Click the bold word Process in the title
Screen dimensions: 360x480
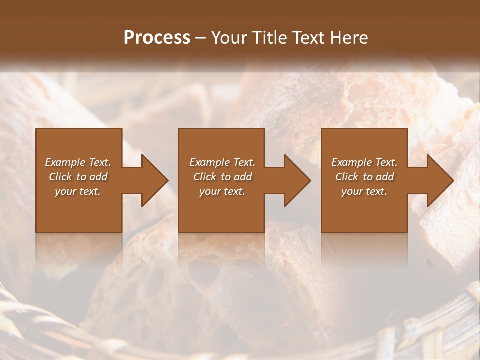157,38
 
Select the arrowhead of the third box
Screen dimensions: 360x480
439,180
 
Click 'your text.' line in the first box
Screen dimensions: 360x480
78,191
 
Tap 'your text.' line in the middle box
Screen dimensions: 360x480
222,191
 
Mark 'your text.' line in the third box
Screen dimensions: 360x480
364,191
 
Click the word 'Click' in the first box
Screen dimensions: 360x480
60,177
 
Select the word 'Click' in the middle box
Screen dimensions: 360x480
205,177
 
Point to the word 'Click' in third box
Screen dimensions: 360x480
347,177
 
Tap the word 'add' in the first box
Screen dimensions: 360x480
99,177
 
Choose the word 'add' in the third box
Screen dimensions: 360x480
385,177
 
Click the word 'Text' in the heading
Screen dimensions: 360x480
308,38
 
